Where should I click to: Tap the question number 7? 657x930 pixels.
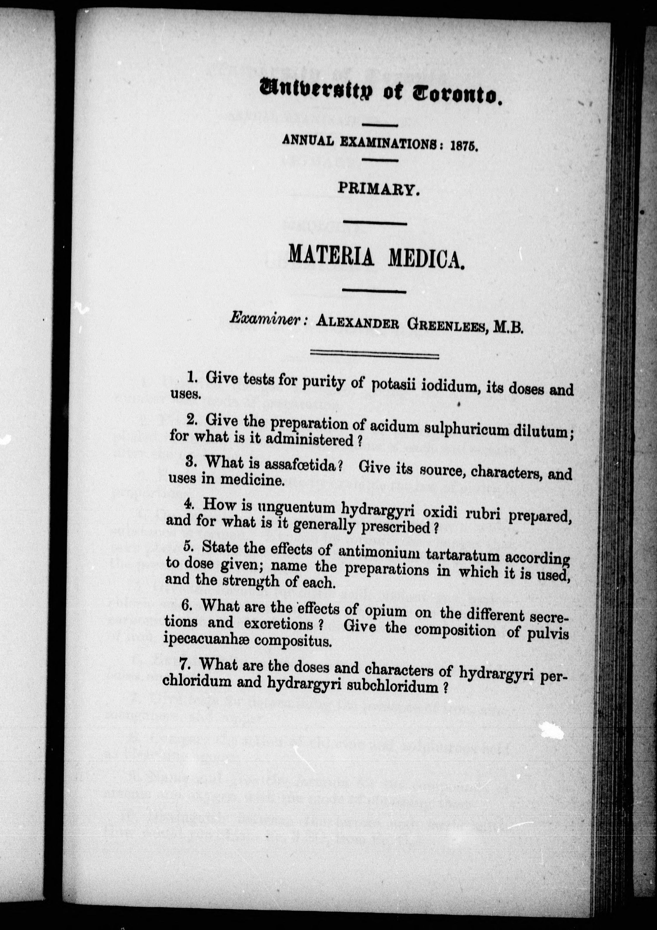(x=184, y=664)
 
